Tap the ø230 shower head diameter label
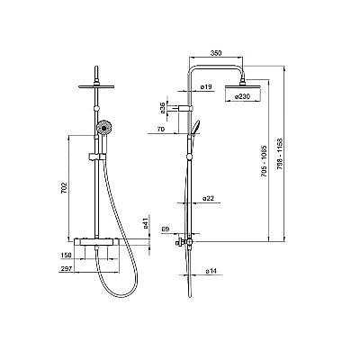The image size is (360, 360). point(244,94)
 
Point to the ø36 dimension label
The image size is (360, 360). point(162,108)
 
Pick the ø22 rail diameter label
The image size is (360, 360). point(208,198)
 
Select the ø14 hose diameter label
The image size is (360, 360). point(211,270)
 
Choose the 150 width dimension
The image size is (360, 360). point(67,255)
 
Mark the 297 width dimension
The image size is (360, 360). point(67,267)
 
